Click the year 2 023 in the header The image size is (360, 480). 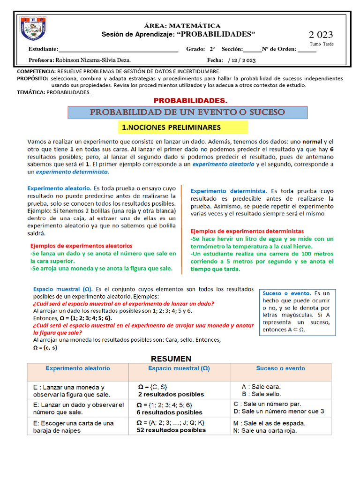tap(321, 35)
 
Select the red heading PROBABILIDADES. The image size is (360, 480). tap(190, 101)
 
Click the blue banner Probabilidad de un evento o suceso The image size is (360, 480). tap(187, 112)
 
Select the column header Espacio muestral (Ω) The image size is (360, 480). tap(179, 368)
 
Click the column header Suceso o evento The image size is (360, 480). tap(280, 368)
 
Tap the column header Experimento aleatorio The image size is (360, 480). tap(78, 368)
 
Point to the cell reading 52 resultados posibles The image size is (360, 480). tap(171, 430)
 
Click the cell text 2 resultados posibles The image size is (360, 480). tap(171, 394)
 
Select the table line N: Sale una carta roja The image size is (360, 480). tap(265, 430)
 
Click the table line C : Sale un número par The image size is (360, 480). tap(267, 404)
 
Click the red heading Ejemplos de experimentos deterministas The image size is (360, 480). tap(247, 231)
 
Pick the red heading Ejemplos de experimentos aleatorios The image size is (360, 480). tap(81, 246)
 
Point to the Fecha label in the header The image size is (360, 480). tap(215, 60)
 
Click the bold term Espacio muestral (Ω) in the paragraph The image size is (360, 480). tap(62, 289)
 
